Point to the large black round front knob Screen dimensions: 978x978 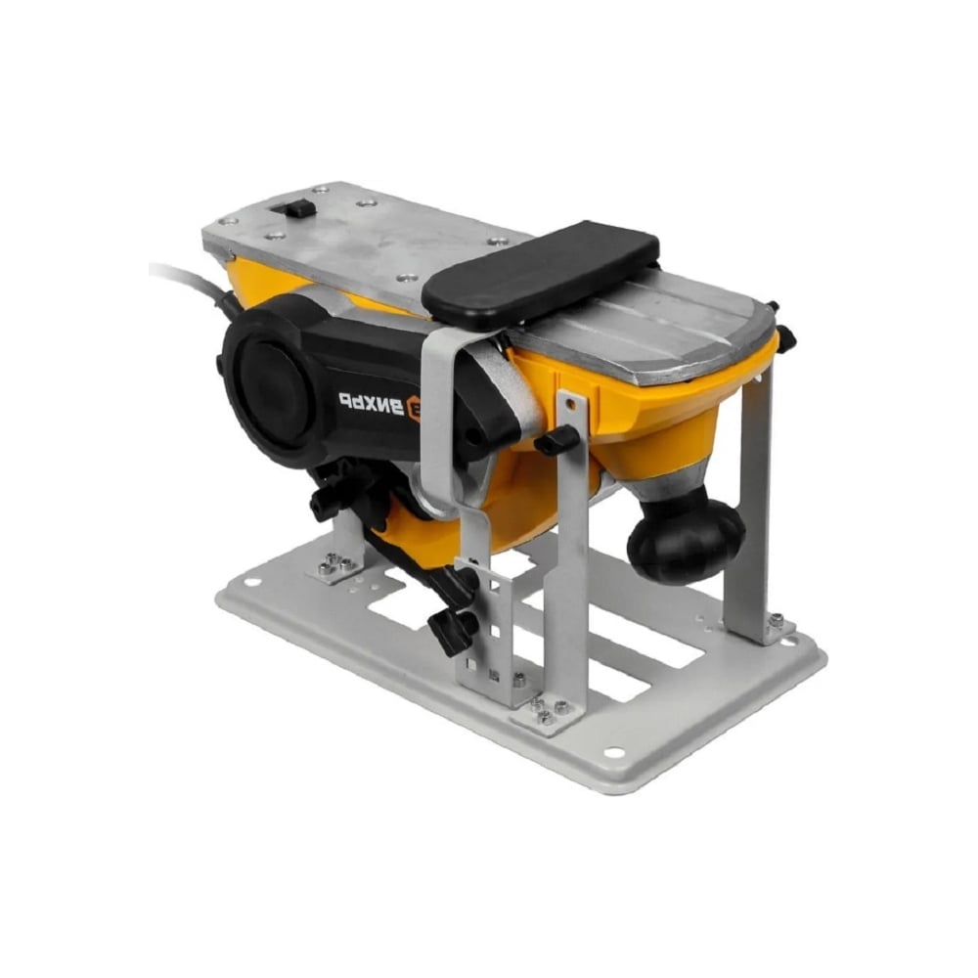[x=686, y=536]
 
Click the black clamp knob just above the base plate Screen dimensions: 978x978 [x=453, y=627]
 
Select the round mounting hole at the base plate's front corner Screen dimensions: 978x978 [x=614, y=752]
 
